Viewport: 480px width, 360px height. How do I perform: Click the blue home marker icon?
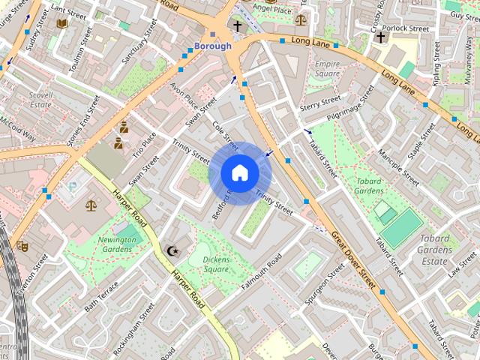pos(240,173)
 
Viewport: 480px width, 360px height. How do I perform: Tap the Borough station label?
pos(213,46)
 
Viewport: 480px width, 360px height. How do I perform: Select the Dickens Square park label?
pos(216,264)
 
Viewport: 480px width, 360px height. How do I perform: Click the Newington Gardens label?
pos(116,244)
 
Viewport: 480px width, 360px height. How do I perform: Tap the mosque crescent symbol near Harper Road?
pos(174,250)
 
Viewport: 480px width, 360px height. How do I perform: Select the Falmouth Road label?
pos(262,273)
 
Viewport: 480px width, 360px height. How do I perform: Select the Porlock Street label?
pos(409,29)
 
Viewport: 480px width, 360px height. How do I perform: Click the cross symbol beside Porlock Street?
pos(380,37)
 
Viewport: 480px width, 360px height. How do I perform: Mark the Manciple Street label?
pos(398,158)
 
